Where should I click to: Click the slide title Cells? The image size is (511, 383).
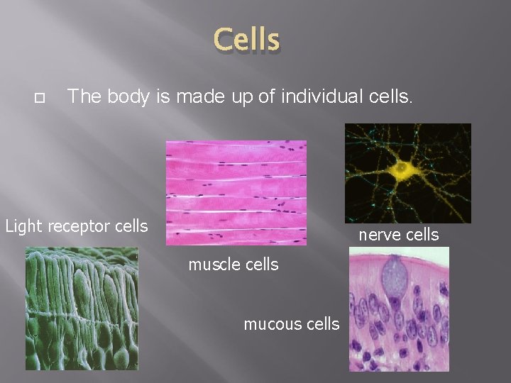247,40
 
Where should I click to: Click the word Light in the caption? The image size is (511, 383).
23,227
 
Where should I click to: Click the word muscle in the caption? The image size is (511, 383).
214,265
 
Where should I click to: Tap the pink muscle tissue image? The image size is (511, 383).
236,192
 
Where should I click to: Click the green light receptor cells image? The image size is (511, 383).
82,308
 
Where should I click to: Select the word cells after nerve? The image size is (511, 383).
421,235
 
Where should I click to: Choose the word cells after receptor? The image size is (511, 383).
129,227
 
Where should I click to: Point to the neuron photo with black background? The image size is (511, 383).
407,172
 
